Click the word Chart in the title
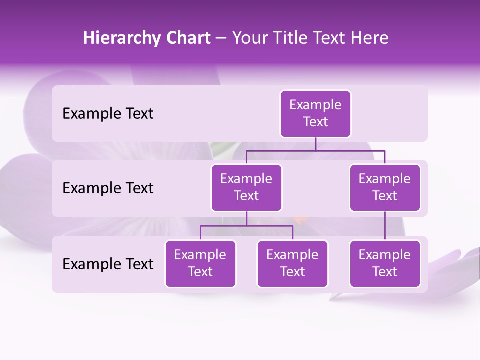click(186, 38)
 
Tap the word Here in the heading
click(370, 38)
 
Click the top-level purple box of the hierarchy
click(315, 114)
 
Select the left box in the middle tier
click(246, 188)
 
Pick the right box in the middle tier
click(385, 188)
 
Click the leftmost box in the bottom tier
click(200, 264)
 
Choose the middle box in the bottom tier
click(292, 264)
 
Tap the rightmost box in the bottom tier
click(385, 264)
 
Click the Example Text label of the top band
click(108, 114)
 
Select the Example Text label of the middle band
click(108, 188)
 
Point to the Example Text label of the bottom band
click(108, 264)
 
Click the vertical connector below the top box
click(315, 144)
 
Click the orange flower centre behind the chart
click(298, 219)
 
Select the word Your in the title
click(250, 38)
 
